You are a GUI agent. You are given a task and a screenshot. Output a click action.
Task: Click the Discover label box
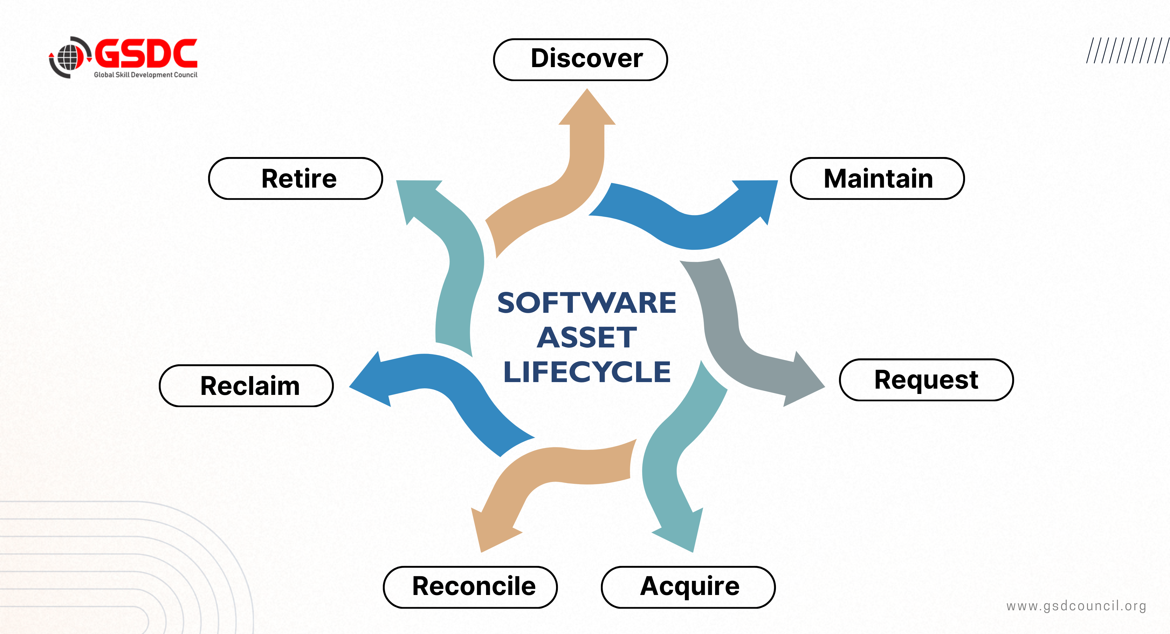pos(580,60)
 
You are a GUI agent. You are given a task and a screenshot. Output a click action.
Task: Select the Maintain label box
pos(877,178)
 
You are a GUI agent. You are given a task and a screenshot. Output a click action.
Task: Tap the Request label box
pos(926,380)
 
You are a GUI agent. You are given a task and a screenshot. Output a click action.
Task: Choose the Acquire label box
pos(688,587)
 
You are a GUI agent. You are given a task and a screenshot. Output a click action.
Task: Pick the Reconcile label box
pos(470,587)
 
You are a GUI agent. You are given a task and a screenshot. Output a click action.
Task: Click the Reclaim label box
pos(246,386)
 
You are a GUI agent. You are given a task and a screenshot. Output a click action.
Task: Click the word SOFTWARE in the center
pos(587,303)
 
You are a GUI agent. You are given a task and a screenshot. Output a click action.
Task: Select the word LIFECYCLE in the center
pos(587,372)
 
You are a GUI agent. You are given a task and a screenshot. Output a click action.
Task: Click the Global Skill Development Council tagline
pos(145,75)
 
